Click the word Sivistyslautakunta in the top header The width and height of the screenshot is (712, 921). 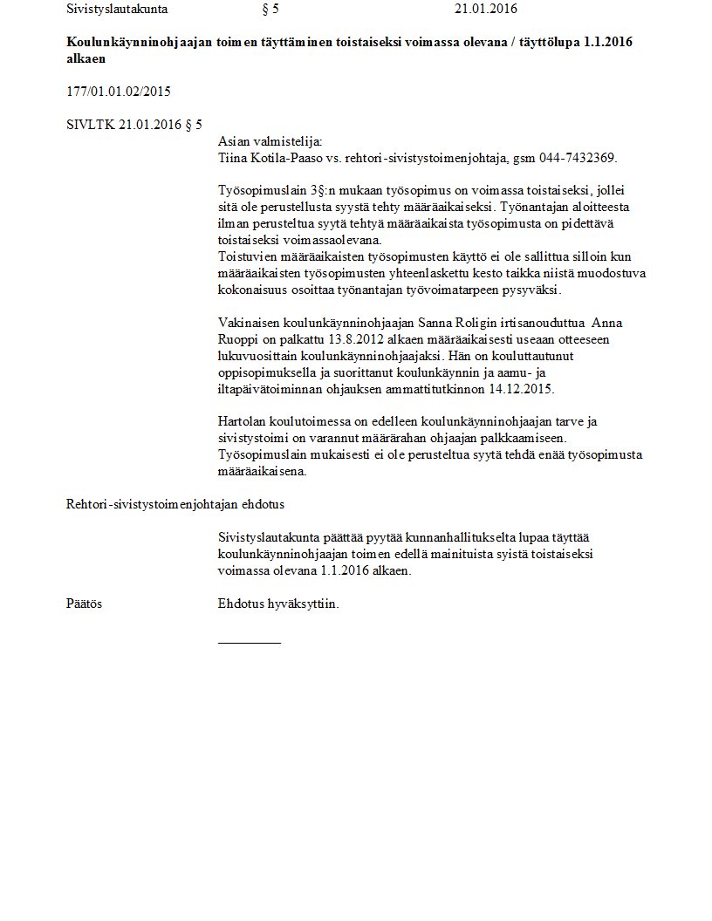(117, 10)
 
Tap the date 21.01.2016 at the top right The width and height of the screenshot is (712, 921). (485, 10)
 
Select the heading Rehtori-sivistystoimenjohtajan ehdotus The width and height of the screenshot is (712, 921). (175, 504)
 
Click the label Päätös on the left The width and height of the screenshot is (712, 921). (84, 604)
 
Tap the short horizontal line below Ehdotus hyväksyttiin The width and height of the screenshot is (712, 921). (250, 643)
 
